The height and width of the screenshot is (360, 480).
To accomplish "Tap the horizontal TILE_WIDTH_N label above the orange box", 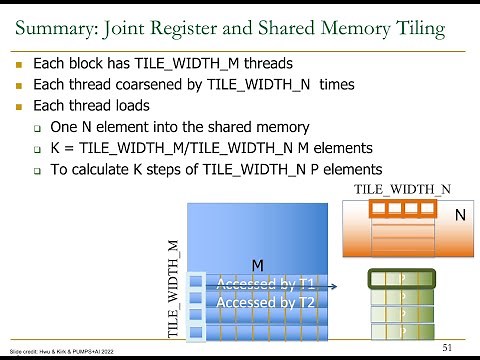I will point(403,189).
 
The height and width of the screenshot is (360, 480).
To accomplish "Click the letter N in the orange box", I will point(459,214).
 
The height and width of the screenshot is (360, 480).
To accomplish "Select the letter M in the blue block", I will point(257,266).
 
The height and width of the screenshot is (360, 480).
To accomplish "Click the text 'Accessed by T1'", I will point(265,284).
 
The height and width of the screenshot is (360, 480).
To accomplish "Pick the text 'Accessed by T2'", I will point(265,301).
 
